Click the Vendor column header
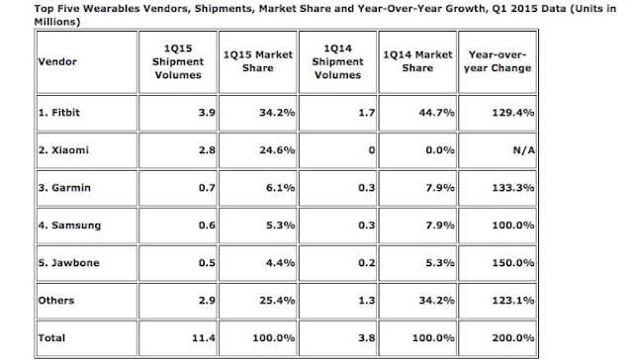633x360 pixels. coord(57,61)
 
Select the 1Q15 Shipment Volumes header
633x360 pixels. coord(178,61)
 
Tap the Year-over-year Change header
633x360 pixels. coord(497,61)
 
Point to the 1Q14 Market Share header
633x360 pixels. coord(417,61)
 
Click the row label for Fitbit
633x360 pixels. coord(59,112)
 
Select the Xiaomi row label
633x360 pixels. coord(63,150)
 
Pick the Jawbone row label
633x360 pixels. coord(68,263)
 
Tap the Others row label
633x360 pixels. coord(56,301)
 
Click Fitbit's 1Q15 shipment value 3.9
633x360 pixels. coord(207,112)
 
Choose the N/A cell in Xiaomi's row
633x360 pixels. coord(523,150)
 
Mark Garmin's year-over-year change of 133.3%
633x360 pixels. coord(513,188)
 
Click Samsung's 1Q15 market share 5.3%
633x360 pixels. coord(280,225)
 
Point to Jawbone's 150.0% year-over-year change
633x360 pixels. coord(513,263)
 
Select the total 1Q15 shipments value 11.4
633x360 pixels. coord(204,338)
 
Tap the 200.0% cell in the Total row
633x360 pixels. coord(513,338)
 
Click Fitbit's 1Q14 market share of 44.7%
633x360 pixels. coord(437,112)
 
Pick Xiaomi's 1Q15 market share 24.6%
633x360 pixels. coord(277,150)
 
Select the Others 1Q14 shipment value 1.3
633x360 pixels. coord(367,301)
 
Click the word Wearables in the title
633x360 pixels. coord(110,9)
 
